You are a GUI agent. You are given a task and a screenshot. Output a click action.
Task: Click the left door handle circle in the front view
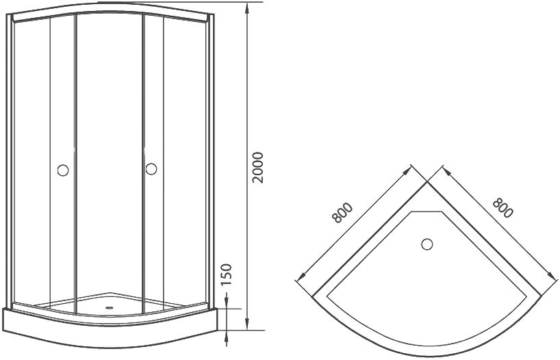coord(63,170)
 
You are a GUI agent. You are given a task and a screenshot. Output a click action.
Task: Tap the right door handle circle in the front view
coord(151,168)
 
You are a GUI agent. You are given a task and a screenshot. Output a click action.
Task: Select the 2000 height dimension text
coord(258,166)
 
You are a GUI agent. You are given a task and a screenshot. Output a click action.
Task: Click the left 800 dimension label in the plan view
coord(342,213)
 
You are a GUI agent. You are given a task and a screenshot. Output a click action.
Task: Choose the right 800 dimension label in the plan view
coord(502,207)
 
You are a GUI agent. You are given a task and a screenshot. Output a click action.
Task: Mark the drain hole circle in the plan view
coord(427,244)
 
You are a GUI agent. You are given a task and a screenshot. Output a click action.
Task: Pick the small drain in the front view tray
coord(107,307)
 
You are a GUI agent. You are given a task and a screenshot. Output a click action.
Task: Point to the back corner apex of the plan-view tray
coord(429,182)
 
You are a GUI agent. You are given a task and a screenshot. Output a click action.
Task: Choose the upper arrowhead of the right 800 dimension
coord(445,168)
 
